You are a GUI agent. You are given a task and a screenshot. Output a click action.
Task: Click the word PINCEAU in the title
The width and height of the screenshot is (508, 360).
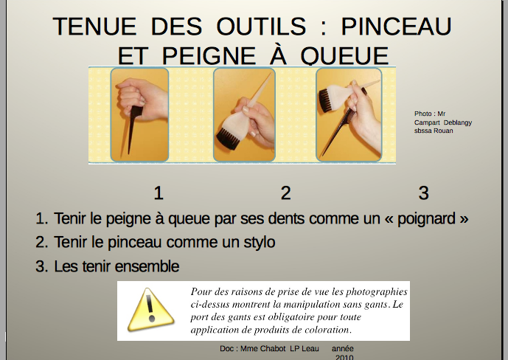(x=396, y=27)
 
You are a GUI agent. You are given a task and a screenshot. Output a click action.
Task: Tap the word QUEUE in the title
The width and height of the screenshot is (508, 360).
(x=344, y=56)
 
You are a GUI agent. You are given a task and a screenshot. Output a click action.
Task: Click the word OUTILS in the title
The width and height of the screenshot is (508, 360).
(x=261, y=27)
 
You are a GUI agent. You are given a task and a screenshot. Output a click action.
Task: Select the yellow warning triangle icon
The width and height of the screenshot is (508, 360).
(x=150, y=310)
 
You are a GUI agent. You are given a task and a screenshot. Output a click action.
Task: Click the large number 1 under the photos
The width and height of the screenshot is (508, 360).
(x=158, y=193)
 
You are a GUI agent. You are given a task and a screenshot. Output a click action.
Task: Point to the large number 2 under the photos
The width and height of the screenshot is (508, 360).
(x=285, y=193)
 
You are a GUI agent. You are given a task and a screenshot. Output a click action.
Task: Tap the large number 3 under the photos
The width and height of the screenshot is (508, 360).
(x=424, y=193)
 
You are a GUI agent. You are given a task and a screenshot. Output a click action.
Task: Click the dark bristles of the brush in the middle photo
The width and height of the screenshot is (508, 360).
(x=228, y=139)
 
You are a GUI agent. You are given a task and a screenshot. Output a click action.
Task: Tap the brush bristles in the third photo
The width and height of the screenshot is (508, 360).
(x=324, y=100)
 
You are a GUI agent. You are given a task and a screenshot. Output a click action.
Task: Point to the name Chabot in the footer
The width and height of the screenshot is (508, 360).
(x=273, y=349)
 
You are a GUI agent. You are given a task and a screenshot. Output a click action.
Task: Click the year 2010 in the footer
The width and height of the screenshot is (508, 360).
(x=344, y=357)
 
